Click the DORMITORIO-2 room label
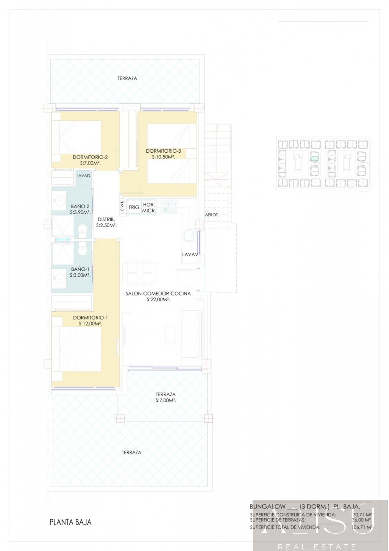click(x=90, y=157)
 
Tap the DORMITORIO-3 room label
click(x=163, y=151)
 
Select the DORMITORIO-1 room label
click(x=90, y=318)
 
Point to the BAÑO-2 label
click(x=80, y=206)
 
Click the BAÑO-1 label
click(x=80, y=269)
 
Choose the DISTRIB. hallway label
click(x=106, y=220)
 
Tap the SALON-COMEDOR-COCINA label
click(x=158, y=294)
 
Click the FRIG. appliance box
click(x=135, y=207)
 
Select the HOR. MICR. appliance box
click(x=149, y=208)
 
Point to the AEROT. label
click(x=212, y=215)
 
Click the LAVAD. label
click(x=84, y=176)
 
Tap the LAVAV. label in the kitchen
click(x=191, y=255)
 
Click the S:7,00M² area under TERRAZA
click(x=166, y=400)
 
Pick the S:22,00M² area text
click(x=158, y=300)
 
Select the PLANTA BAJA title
click(x=70, y=522)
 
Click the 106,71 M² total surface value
click(x=362, y=527)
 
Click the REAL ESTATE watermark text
click(x=317, y=546)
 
